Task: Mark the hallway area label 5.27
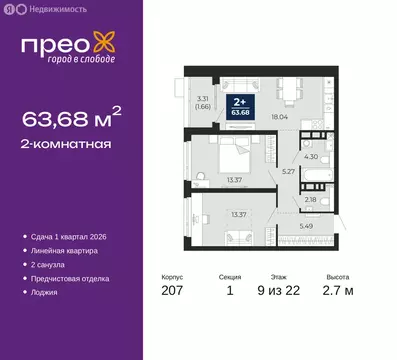pos(288,172)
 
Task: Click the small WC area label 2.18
pos(312,200)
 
